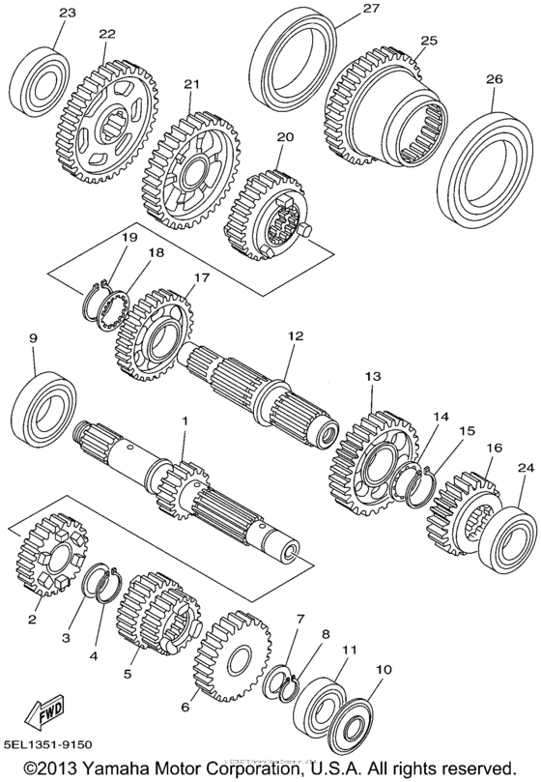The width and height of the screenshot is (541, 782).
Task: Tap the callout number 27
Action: click(x=318, y=9)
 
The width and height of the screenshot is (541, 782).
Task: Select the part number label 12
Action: click(x=295, y=335)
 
